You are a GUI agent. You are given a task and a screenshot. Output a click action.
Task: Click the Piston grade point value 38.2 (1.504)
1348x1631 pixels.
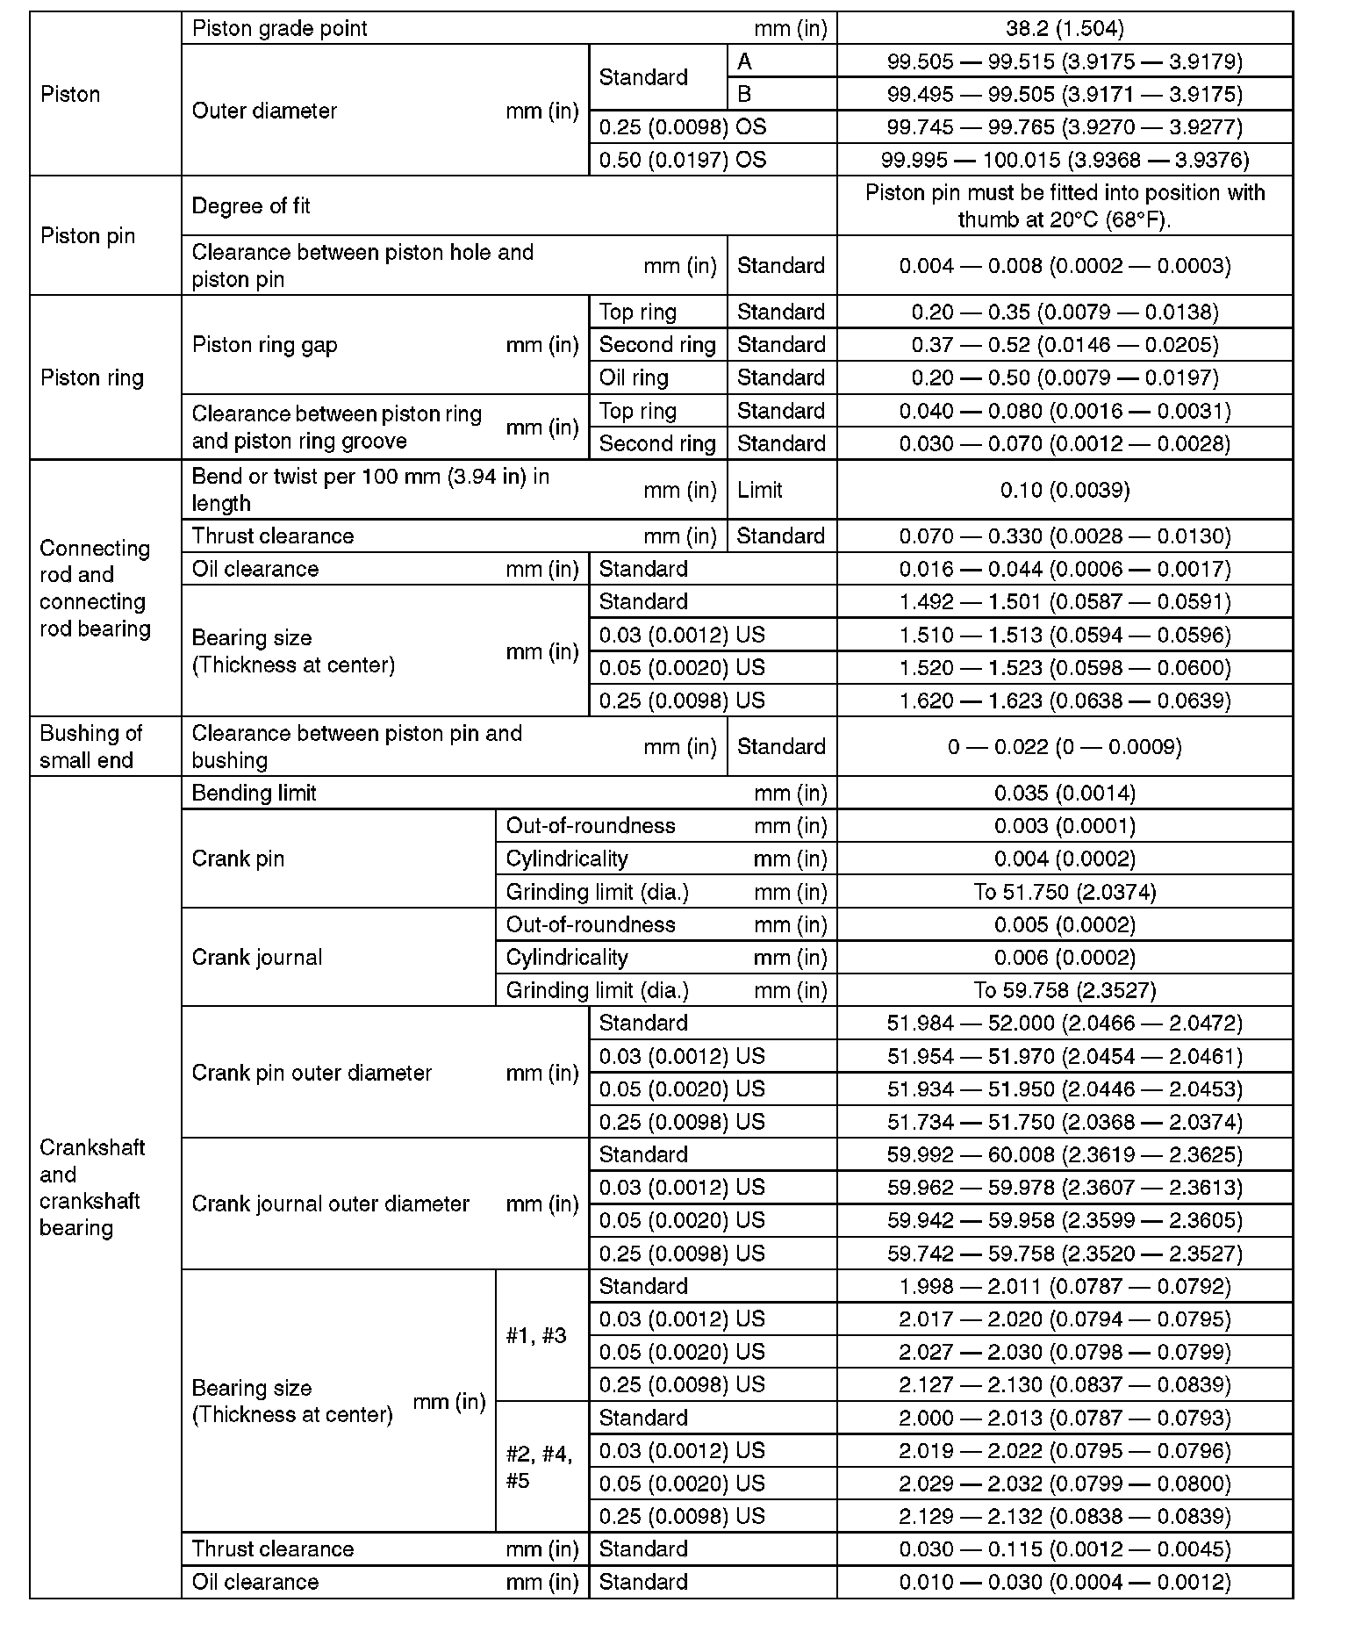pyautogui.click(x=1065, y=28)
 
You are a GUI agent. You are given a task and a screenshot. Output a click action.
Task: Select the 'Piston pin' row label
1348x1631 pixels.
pyautogui.click(x=88, y=236)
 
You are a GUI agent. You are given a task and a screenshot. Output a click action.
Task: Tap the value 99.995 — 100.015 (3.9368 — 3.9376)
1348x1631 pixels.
pyautogui.click(x=1065, y=160)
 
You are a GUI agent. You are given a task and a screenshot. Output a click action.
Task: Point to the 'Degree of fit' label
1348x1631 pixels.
pyautogui.click(x=251, y=206)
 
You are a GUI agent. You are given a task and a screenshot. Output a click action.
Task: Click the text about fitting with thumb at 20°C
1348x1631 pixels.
pyautogui.click(x=1065, y=206)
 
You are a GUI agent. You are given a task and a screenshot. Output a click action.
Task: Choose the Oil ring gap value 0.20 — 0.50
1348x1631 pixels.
pyautogui.click(x=1065, y=378)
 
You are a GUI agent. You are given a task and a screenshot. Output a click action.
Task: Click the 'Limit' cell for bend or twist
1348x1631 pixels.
pyautogui.click(x=760, y=490)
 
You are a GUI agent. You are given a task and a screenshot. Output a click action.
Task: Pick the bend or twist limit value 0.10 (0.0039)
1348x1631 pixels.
pyautogui.click(x=1065, y=490)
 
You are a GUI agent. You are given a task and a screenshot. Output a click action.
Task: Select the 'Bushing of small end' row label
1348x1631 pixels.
pyautogui.click(x=91, y=747)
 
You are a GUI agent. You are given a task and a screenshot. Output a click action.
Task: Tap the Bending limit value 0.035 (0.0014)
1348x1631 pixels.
pyautogui.click(x=1065, y=794)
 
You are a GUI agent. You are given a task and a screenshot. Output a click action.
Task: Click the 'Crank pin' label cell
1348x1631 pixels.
pyautogui.click(x=238, y=859)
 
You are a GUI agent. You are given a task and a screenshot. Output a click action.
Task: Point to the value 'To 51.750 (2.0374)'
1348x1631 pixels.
pyautogui.click(x=1065, y=893)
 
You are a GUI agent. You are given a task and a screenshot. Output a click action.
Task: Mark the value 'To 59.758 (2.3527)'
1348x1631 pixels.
pyautogui.click(x=1065, y=991)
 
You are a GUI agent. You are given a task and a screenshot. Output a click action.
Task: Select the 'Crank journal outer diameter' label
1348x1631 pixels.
pyautogui.click(x=331, y=1204)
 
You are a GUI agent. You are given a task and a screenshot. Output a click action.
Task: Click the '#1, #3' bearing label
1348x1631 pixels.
pyautogui.click(x=536, y=1336)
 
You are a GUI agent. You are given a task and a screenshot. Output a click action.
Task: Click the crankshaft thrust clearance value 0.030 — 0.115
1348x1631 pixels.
pyautogui.click(x=1065, y=1549)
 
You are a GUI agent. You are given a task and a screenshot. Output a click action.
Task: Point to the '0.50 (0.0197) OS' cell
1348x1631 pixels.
pyautogui.click(x=683, y=160)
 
